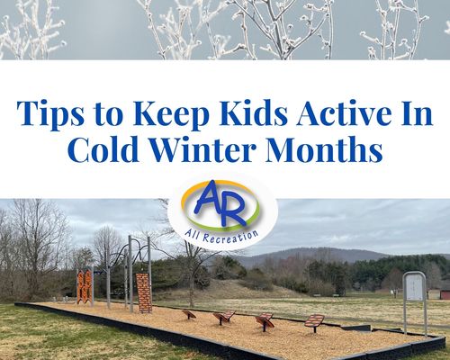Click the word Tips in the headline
tap(50, 114)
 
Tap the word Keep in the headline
tap(171, 114)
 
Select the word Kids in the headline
tap(254, 112)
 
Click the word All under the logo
tap(193, 231)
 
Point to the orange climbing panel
tap(85, 286)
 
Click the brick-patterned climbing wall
tap(144, 292)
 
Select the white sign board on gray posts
tap(414, 286)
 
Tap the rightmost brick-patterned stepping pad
tap(314, 320)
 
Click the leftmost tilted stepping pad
tap(189, 314)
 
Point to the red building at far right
tap(444, 293)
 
